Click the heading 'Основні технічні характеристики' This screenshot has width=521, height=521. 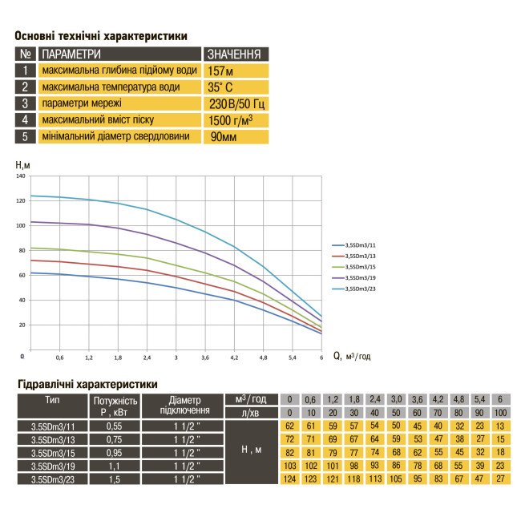tap(102, 36)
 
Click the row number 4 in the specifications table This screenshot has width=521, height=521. tap(26, 120)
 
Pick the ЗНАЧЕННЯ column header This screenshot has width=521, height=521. tap(235, 55)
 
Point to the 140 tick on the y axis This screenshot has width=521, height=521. tap(21, 176)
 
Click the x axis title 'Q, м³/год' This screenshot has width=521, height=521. tap(352, 356)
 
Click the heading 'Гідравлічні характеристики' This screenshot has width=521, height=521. tap(87, 384)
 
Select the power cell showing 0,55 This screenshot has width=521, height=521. tap(116, 427)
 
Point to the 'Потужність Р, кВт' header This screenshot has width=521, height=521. tap(116, 406)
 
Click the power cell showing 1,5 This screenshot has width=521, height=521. tap(116, 479)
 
